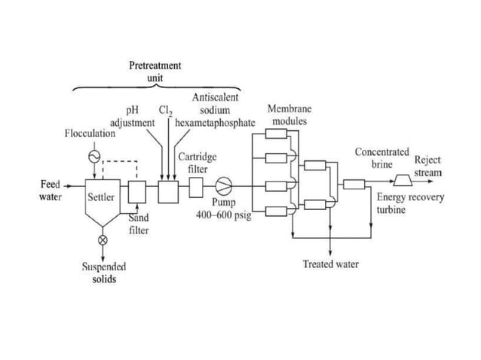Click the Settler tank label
click(101, 197)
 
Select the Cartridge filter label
click(198, 163)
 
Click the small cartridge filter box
click(195, 185)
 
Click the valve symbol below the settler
click(103, 240)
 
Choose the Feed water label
click(50, 191)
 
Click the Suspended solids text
click(103, 273)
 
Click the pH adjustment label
click(133, 117)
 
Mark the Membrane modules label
click(290, 115)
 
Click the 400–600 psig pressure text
click(224, 215)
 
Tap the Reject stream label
click(427, 166)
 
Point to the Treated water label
click(330, 264)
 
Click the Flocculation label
click(90, 133)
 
